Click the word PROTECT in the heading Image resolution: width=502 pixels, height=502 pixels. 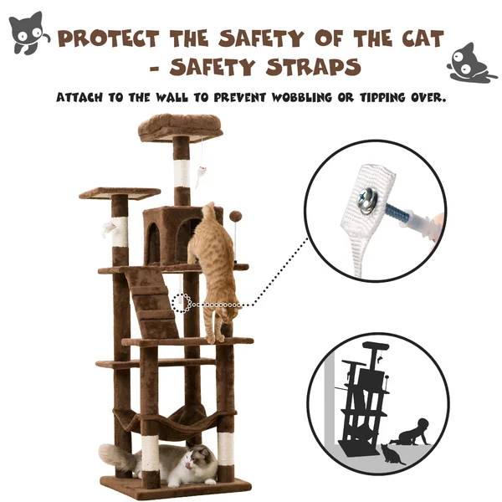(108, 38)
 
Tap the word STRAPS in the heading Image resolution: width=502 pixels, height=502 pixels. (314, 67)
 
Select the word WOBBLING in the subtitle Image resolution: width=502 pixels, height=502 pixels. (301, 97)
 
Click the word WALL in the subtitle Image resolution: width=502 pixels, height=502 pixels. (172, 97)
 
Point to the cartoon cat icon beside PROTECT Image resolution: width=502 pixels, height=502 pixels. (28, 33)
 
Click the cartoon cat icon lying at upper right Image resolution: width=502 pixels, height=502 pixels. (470, 64)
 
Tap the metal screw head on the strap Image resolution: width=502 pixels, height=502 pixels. (367, 200)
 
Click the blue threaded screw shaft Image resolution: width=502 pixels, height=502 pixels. (396, 213)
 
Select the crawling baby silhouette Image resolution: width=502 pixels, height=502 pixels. (410, 433)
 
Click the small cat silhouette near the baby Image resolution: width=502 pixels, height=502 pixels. (392, 454)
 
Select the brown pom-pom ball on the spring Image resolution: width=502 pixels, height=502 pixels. (235, 216)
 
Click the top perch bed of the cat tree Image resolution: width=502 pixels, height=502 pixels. (181, 127)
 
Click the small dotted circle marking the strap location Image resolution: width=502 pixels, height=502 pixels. (182, 303)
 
